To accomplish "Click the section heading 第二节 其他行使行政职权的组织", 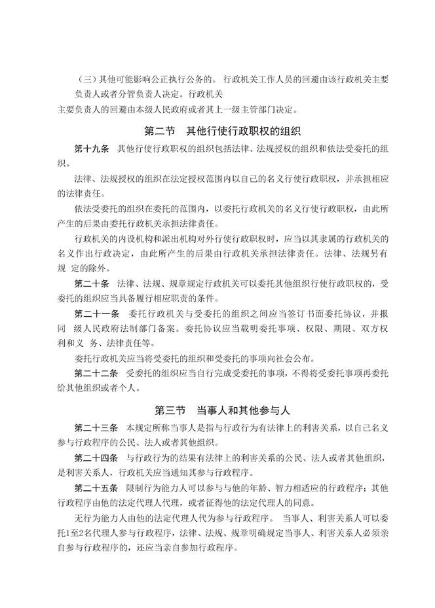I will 217,130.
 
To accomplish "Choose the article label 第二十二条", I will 96,374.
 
